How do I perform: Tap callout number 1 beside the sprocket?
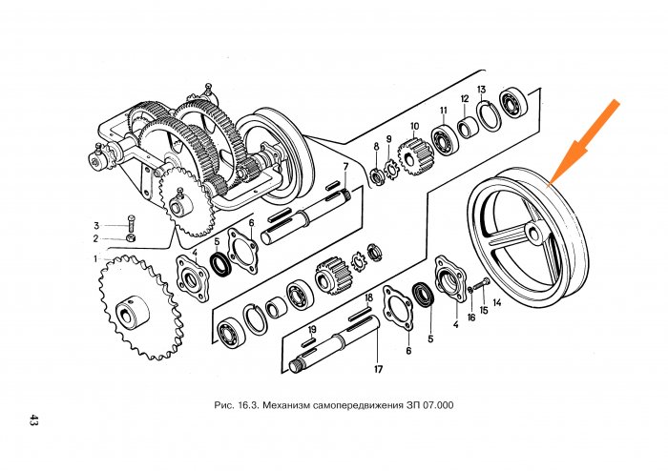95,258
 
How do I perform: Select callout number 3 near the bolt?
95,225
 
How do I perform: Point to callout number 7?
344,167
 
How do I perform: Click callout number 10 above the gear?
414,126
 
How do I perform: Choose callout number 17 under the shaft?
378,368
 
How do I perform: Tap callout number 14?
496,303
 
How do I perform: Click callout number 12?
465,99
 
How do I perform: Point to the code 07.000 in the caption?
434,405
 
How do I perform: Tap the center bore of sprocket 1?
126,311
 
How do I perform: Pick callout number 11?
444,112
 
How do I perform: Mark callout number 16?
470,317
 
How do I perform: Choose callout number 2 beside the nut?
95,237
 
